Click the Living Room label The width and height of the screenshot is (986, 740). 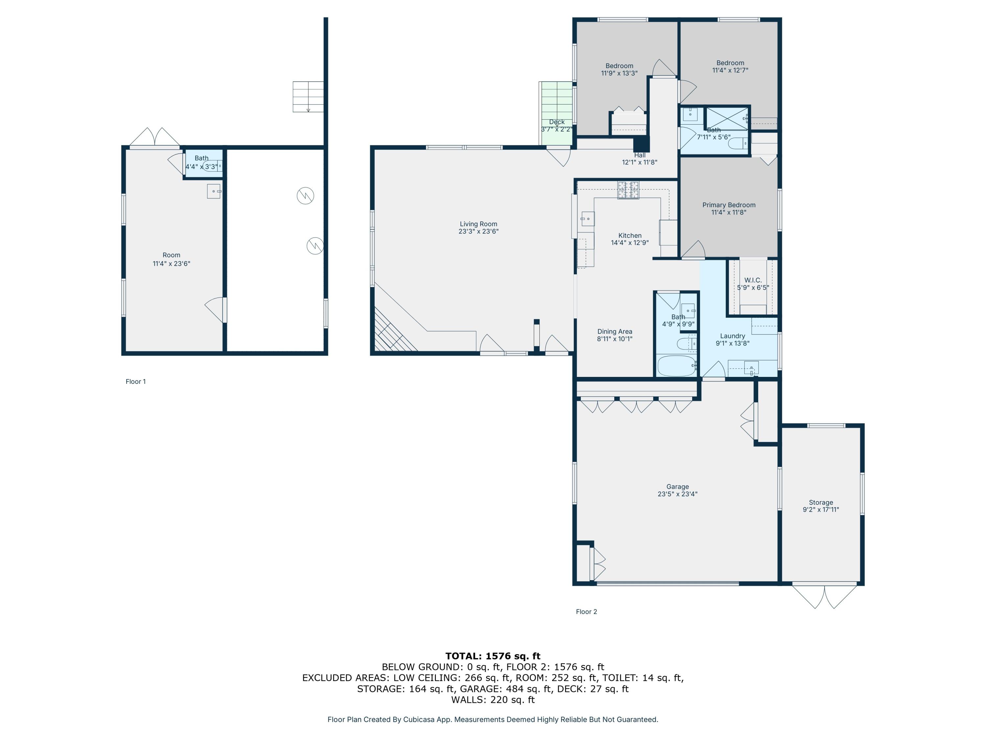[478, 224]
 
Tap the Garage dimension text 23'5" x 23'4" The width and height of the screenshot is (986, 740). [677, 494]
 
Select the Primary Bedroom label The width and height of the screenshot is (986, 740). [729, 205]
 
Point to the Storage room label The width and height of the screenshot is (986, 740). [821, 502]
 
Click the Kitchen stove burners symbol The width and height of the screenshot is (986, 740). [628, 190]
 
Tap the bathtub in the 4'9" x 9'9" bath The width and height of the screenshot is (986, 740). [677, 366]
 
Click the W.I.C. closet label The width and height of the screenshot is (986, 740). [753, 280]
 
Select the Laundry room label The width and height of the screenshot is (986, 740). [732, 336]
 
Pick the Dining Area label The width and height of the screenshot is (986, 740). [615, 332]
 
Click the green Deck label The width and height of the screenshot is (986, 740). [557, 122]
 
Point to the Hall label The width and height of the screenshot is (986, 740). [640, 155]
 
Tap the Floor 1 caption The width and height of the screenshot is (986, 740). [135, 382]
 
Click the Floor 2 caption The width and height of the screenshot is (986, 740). [586, 611]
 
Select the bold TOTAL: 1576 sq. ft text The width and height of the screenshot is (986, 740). [493, 656]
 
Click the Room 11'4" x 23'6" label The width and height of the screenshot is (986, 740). [171, 259]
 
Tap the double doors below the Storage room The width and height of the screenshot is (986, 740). [825, 596]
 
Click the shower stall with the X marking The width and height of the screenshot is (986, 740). [727, 118]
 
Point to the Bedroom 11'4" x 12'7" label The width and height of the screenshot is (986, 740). [730, 66]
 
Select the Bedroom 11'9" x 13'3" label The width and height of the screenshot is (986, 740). [619, 69]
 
